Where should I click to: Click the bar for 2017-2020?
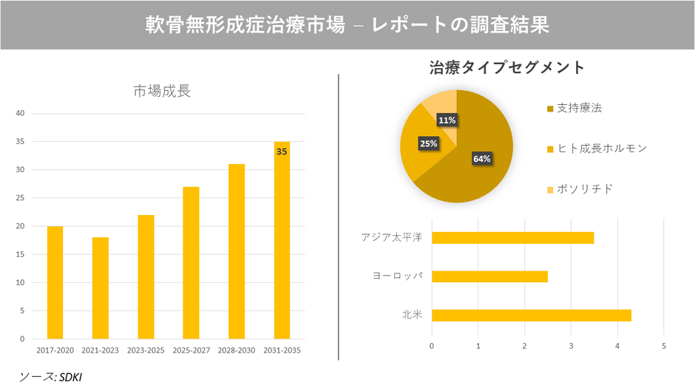click(55, 282)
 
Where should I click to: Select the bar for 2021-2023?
click(100, 288)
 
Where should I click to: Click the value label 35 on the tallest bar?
click(282, 152)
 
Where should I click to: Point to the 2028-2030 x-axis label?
click(236, 350)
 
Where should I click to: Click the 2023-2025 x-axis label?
click(146, 350)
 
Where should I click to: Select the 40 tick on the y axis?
click(21, 113)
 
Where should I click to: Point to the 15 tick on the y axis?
click(21, 254)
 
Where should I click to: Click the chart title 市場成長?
click(161, 91)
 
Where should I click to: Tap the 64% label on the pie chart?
click(481, 158)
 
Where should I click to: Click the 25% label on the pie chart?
click(428, 143)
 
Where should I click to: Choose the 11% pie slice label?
click(447, 120)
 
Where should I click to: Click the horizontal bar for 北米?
click(531, 316)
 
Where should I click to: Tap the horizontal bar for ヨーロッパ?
click(489, 276)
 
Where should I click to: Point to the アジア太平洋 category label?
click(391, 237)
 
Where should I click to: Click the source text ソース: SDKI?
click(51, 377)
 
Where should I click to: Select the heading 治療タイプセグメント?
click(506, 68)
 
